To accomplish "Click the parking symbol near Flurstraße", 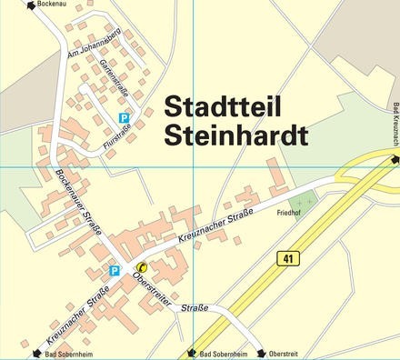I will (x=125, y=117).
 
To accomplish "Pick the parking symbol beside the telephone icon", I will (x=115, y=270).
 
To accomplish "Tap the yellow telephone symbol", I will (x=141, y=267).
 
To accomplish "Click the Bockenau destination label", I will (x=54, y=5).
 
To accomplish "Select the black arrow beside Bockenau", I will (x=32, y=5).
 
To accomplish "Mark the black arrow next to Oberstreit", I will (x=261, y=354).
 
